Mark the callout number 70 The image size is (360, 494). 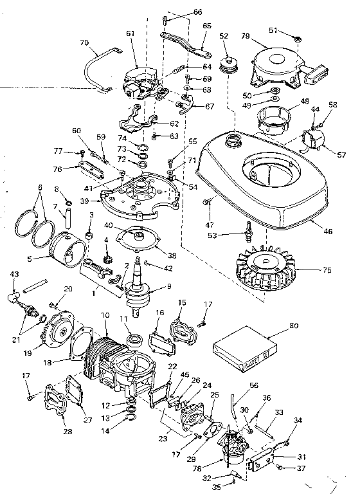[83, 42]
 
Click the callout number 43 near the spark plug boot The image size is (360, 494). [14, 275]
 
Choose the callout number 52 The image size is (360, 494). [224, 36]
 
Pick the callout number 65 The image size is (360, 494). [207, 26]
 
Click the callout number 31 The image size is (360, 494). [301, 457]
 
